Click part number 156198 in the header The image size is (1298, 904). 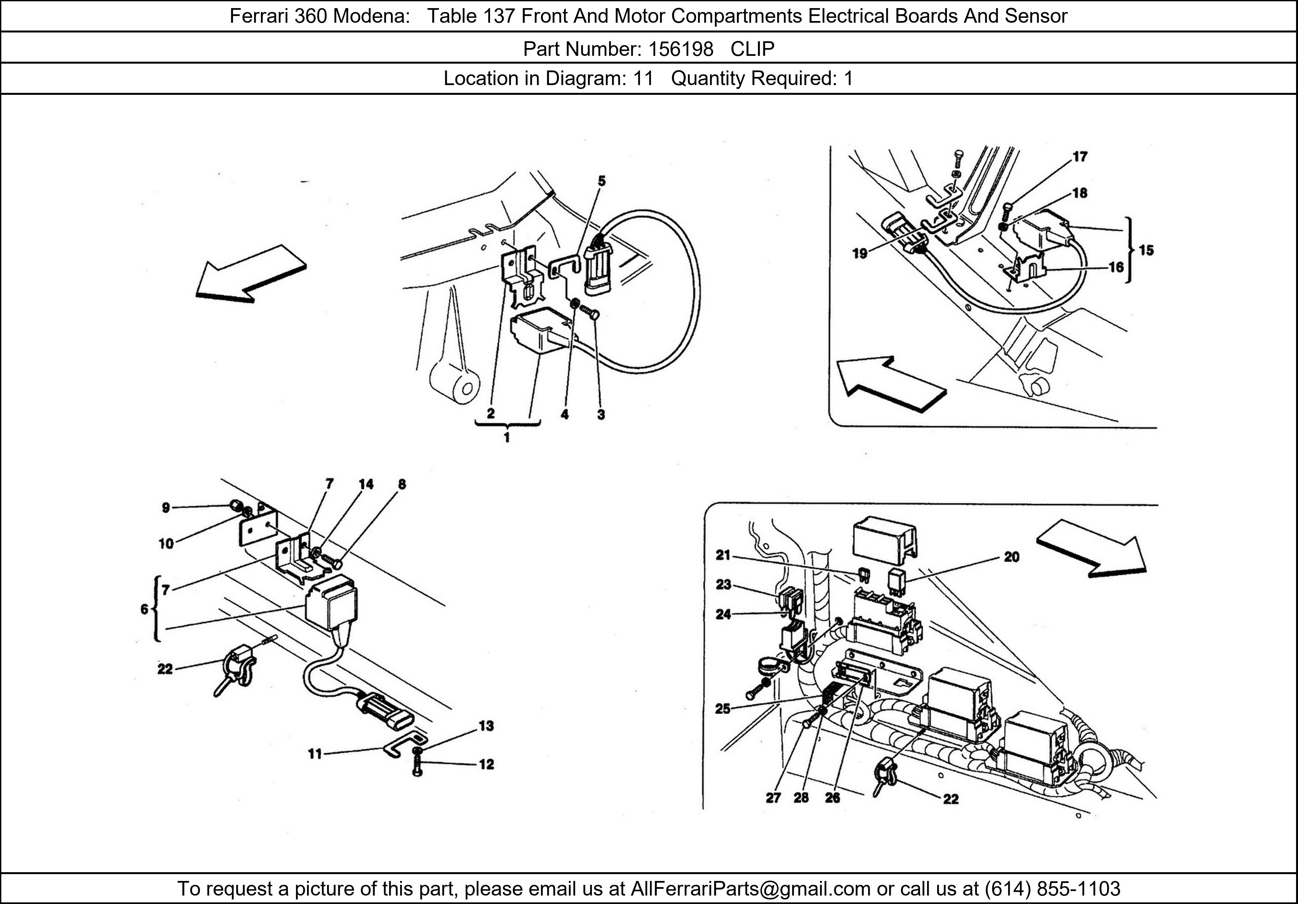point(681,49)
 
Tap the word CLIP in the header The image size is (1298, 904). point(753,49)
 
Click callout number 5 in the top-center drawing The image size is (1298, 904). point(602,181)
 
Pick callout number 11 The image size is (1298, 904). point(315,754)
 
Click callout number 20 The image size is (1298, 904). point(1012,557)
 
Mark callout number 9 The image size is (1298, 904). point(165,508)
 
